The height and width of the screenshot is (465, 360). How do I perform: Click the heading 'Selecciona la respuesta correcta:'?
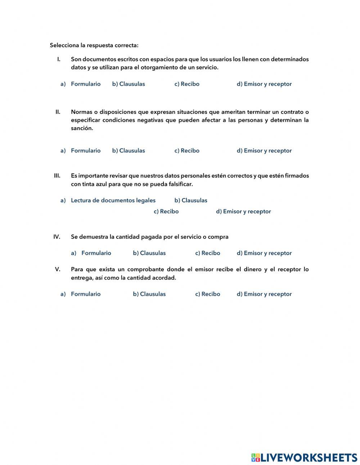(x=94, y=45)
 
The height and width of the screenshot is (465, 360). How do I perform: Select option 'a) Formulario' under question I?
(x=85, y=84)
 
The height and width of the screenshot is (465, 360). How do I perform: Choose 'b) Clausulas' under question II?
(x=129, y=151)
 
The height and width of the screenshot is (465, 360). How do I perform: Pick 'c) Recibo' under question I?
(x=187, y=84)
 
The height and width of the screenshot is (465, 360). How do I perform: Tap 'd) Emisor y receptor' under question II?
(x=264, y=151)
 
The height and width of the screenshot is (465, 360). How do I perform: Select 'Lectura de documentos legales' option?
(x=113, y=200)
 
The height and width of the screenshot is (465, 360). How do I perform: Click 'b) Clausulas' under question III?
(x=191, y=200)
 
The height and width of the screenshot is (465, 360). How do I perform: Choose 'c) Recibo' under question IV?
(x=208, y=253)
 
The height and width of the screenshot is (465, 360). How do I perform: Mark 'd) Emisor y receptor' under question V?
(x=264, y=294)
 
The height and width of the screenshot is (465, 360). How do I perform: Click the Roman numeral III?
(x=57, y=176)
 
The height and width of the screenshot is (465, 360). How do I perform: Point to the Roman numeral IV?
(x=57, y=237)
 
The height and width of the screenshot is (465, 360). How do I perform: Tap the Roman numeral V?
(x=58, y=269)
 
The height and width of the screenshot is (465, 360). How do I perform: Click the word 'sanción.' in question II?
(x=82, y=128)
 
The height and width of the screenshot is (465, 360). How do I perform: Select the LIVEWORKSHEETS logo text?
(x=309, y=457)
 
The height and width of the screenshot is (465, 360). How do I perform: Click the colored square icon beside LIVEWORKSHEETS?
(x=256, y=457)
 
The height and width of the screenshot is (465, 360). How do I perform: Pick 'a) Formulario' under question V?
(x=85, y=294)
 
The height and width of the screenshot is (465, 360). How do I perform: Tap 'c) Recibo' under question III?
(x=166, y=211)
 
